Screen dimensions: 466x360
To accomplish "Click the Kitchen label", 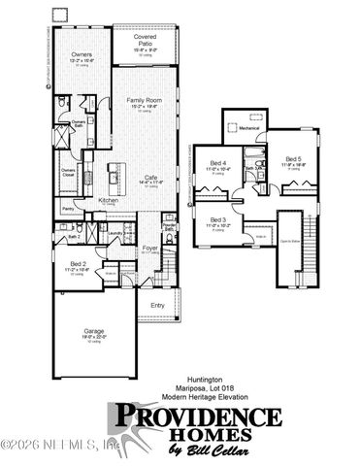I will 108,201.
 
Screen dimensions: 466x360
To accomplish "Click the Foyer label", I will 150,248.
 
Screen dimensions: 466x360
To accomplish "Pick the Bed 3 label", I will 218,220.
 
